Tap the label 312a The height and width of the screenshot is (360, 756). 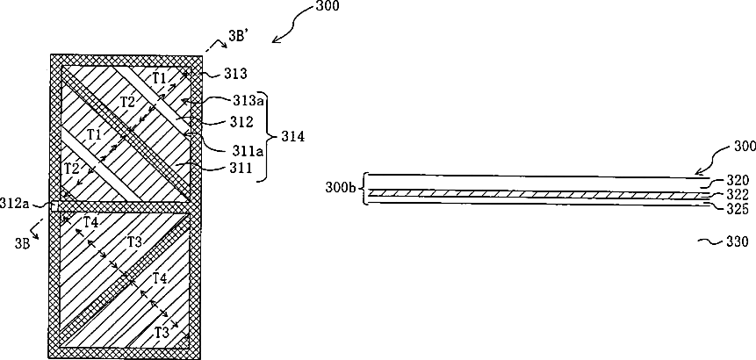pyautogui.click(x=18, y=205)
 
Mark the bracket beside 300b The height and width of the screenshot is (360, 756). pyautogui.click(x=364, y=189)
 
